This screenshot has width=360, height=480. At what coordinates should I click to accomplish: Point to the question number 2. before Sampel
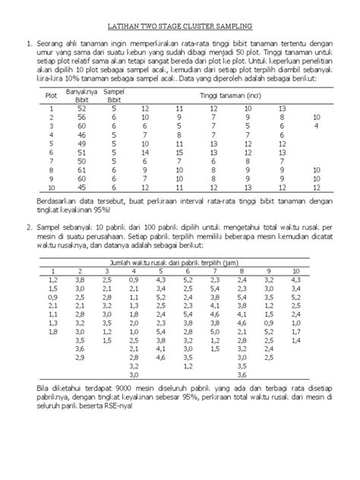pyautogui.click(x=31, y=227)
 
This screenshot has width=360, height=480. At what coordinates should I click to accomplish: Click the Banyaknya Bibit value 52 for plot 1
pyautogui.click(x=82, y=110)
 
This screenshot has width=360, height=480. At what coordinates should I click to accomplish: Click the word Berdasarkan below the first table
pyautogui.click(x=57, y=201)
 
